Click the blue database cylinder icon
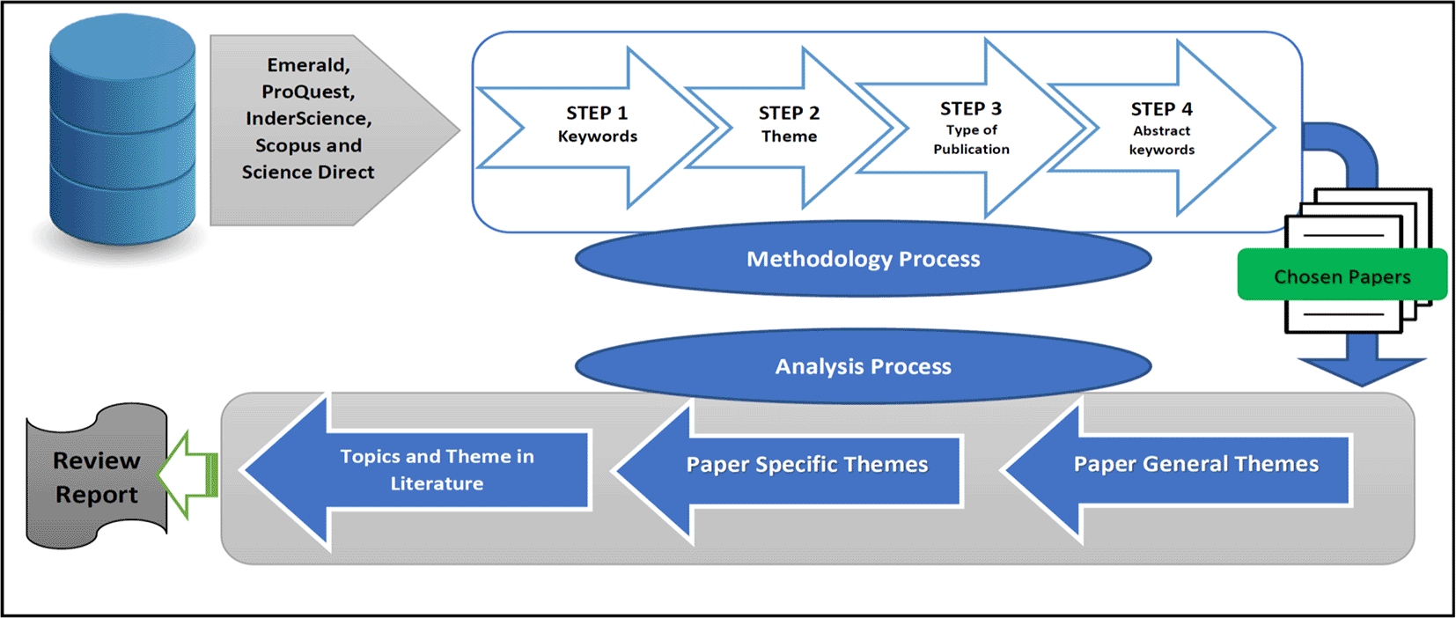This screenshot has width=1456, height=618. pos(122,130)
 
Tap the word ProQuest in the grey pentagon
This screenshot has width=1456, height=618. pos(308,92)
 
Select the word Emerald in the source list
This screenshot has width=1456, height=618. pos(307,65)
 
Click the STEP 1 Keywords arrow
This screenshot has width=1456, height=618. pos(597,128)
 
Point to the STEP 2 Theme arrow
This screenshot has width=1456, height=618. pos(790,128)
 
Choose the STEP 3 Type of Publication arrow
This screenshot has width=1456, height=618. pos(971,128)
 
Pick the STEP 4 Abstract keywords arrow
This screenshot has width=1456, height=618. pos(1162,128)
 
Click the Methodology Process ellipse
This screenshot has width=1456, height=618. pos(864,259)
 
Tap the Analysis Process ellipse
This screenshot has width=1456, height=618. pos(864,366)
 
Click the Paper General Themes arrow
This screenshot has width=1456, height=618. pos(1176,470)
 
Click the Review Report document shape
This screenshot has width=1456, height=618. pos(96,476)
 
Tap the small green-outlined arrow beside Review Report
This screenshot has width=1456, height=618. pos(188,475)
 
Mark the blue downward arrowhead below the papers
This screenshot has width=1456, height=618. pos(1362,372)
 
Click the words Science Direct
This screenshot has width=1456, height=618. pos(308,173)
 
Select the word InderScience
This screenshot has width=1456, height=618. pos(309,118)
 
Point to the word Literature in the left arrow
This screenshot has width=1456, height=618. pos(437,483)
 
